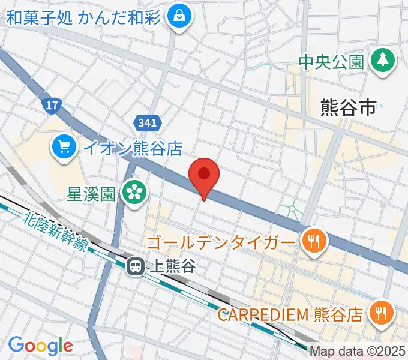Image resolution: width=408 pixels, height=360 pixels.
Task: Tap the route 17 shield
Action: click(x=52, y=106)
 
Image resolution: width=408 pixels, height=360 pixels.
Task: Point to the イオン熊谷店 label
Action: click(x=132, y=147)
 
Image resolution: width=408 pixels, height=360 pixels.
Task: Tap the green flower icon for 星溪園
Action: click(x=134, y=192)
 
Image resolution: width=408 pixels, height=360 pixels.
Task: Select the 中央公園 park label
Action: click(x=332, y=61)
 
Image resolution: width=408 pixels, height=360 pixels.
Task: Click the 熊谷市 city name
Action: click(x=349, y=107)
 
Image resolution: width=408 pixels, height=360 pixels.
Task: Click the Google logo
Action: click(x=40, y=346)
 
